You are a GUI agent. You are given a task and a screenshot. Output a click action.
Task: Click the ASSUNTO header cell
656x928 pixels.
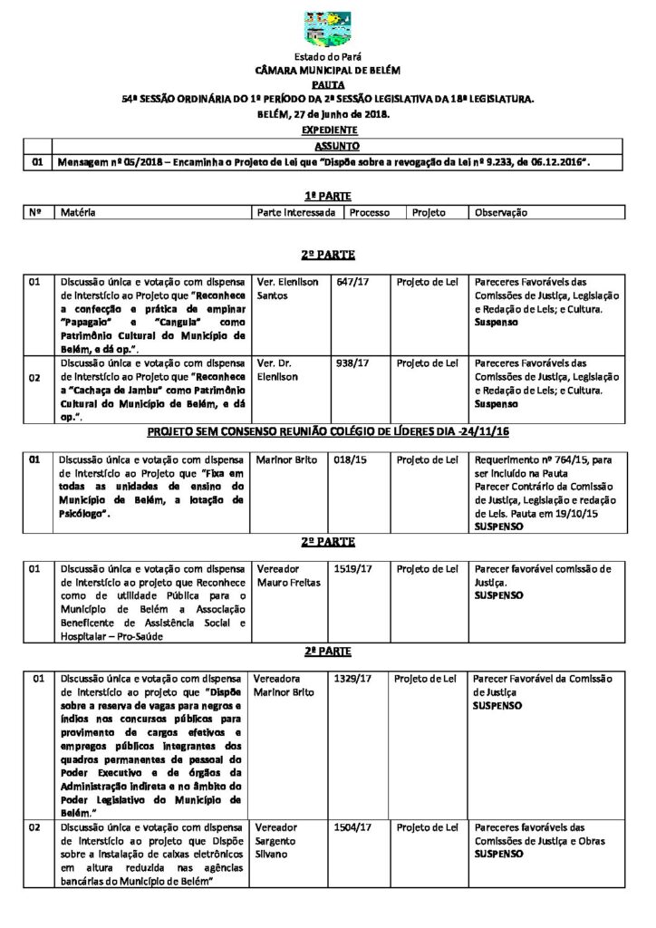[337, 146]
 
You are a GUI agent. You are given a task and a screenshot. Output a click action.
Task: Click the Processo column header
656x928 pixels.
[370, 212]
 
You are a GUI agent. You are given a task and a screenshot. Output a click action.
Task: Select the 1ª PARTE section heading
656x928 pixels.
[327, 195]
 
